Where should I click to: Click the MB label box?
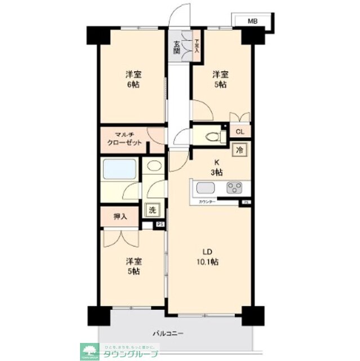point(253,21)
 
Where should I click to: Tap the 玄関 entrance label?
point(176,47)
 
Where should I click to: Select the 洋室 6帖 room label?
point(132,79)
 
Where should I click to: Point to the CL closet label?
point(240,133)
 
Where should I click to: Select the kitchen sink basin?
point(204,188)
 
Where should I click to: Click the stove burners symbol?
point(234,188)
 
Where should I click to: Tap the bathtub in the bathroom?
point(119,169)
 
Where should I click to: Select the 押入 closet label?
point(120,217)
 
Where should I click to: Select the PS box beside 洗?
point(160,224)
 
